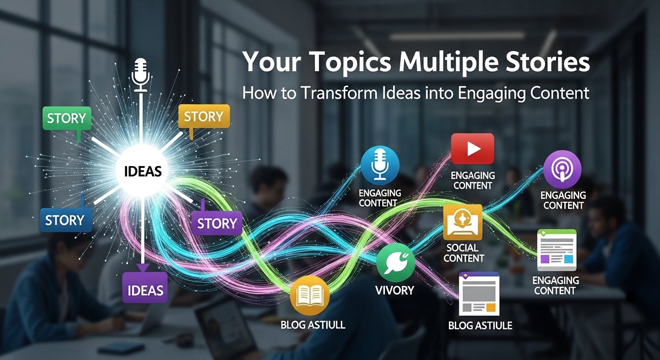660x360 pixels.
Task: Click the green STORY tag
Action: pos(66,118)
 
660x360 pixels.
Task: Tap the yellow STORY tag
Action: pos(203,116)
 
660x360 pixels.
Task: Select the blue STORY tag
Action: pos(65,220)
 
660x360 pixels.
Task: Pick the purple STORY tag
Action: pos(217,223)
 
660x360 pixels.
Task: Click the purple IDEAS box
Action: pos(145,290)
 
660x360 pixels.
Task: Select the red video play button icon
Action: pos(472,149)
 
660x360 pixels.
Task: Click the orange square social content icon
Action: pos(463,222)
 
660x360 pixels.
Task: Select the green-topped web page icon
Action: pos(556,249)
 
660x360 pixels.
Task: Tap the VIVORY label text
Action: pos(395,290)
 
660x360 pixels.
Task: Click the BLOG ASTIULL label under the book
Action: pos(313,325)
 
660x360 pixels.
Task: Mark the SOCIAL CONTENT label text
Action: pos(464,253)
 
